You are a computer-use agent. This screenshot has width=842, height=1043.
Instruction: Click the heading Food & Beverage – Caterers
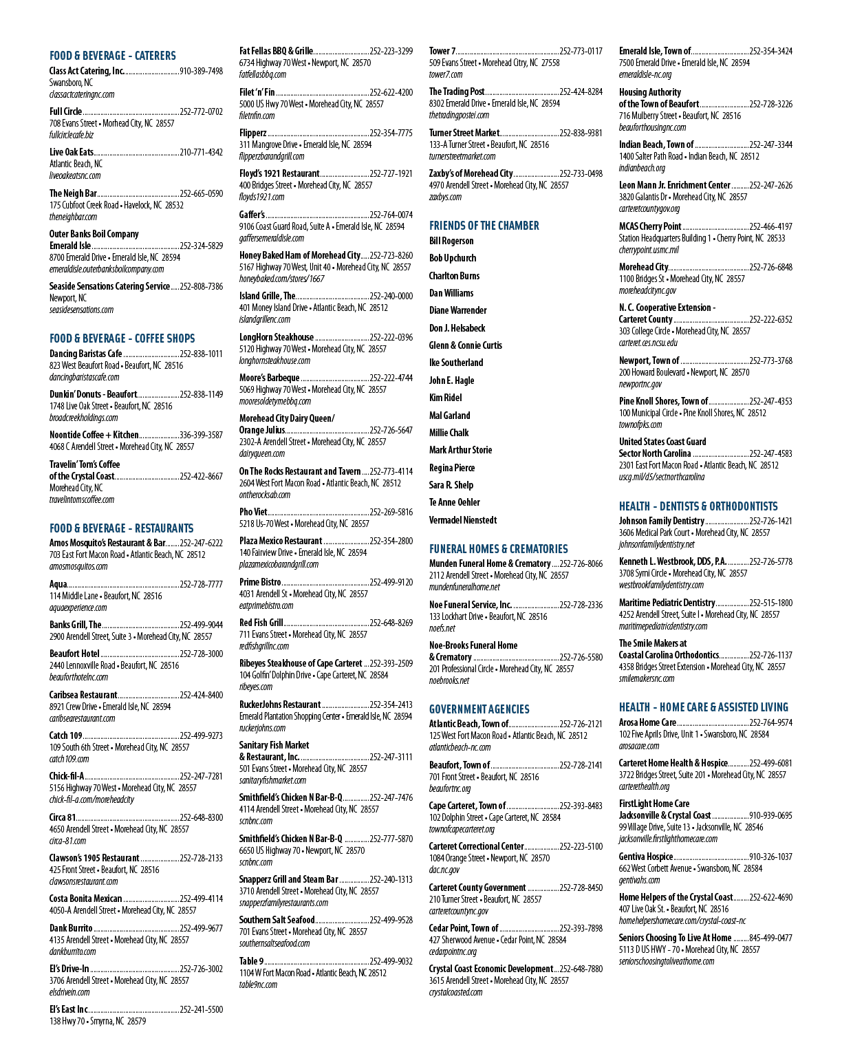(112, 56)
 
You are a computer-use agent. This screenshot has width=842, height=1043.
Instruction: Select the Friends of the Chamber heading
(484, 226)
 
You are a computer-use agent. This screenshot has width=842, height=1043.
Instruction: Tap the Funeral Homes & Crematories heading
(498, 549)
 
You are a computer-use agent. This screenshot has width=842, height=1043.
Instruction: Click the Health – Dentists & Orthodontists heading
(698, 506)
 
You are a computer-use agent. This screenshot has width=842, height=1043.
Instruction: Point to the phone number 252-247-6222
(201, 543)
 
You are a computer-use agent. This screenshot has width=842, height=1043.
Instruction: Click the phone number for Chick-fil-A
(201, 776)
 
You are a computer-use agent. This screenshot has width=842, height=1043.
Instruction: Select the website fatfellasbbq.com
(263, 75)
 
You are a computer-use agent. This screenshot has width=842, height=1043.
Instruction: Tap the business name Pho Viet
(253, 512)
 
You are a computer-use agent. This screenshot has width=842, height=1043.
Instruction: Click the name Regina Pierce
(452, 468)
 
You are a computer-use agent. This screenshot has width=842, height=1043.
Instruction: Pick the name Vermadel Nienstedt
(463, 520)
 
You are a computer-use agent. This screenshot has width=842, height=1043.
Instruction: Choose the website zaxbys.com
(446, 197)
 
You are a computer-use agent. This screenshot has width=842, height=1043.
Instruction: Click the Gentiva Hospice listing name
(646, 857)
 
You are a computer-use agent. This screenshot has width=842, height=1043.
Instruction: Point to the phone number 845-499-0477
(770, 938)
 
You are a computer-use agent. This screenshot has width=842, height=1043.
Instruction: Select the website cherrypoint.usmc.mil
(649, 250)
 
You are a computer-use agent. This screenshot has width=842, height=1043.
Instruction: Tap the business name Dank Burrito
(71, 928)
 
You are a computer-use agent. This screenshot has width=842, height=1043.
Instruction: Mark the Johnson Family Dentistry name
(662, 521)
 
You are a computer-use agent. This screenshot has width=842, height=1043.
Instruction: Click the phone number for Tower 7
(581, 52)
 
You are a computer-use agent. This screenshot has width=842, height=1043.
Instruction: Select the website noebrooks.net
(449, 680)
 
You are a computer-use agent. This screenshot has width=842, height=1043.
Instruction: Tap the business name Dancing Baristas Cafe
(86, 354)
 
